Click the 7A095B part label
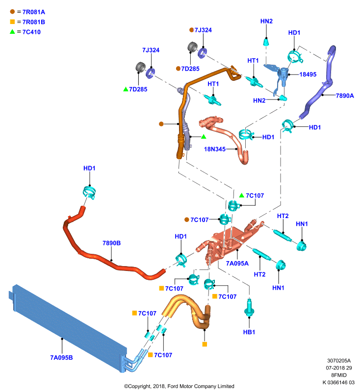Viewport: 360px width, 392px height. click(x=61, y=358)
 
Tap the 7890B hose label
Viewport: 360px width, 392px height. click(x=111, y=243)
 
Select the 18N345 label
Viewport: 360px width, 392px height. click(x=215, y=149)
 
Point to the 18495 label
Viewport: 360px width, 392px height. click(x=308, y=74)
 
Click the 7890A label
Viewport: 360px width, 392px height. click(x=345, y=96)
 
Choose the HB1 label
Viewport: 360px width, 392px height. click(x=249, y=332)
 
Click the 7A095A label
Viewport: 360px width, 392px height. click(x=237, y=264)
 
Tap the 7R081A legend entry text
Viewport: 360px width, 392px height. click(x=34, y=12)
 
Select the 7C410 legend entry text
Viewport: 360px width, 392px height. click(x=31, y=32)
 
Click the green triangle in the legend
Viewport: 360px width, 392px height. click(x=12, y=32)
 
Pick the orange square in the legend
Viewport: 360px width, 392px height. click(x=12, y=22)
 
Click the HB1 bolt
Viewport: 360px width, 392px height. click(x=249, y=308)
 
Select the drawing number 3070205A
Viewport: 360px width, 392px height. click(x=339, y=361)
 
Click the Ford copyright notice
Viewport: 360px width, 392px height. click(x=179, y=386)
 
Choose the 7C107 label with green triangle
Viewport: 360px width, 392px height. click(x=255, y=196)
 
